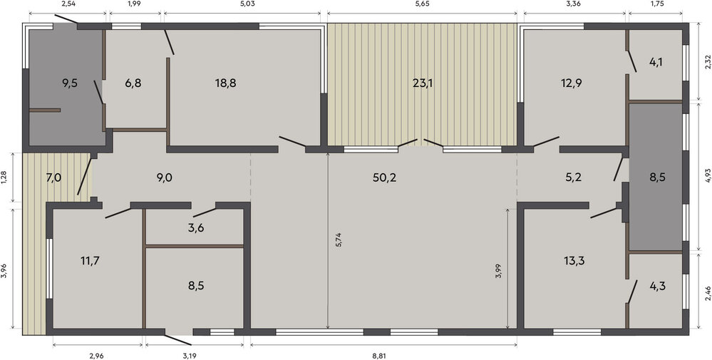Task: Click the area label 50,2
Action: coord(385,178)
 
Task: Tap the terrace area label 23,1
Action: coord(422,83)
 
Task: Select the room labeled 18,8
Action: coord(226,83)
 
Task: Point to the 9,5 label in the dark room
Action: coord(70,83)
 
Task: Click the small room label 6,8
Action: coord(133,83)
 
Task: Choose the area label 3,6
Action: coord(196,228)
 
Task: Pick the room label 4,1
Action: coord(655,63)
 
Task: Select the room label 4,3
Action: coord(657,287)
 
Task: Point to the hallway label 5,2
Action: coord(573,178)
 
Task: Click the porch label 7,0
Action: coord(53,178)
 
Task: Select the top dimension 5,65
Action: coord(422,4)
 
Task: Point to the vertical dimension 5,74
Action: coord(339,240)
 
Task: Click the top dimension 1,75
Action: coord(655,4)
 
